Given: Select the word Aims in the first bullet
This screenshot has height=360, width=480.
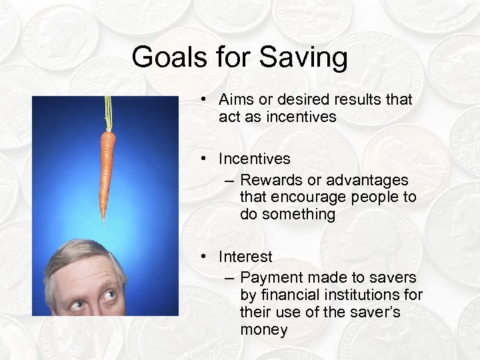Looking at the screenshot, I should point(235,99).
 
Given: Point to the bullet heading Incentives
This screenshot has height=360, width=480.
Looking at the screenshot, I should point(254,159).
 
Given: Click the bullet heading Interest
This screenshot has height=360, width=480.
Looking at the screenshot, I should point(245,257).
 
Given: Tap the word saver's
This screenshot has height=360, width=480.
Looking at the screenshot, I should point(373,312).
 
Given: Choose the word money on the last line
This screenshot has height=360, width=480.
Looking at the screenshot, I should point(263,329).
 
